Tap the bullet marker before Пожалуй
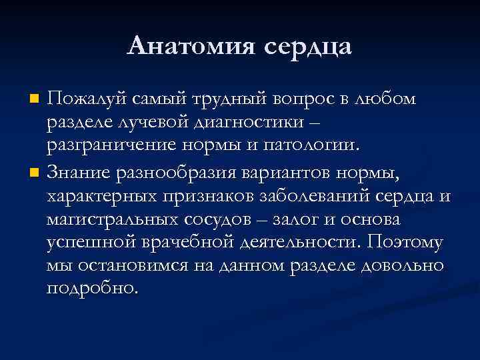coord(35,99)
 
